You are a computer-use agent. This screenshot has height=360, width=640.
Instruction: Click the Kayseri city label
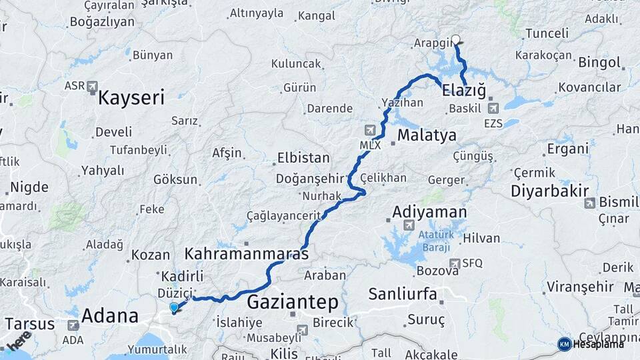coord(131,99)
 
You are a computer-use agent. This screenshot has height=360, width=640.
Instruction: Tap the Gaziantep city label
coord(293,303)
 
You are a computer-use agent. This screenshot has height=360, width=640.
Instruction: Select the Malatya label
coord(427,136)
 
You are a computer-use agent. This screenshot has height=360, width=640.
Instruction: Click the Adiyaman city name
coord(429,213)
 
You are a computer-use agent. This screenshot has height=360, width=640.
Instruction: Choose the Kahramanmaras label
coord(246,254)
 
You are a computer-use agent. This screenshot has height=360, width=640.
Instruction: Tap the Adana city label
coord(109,315)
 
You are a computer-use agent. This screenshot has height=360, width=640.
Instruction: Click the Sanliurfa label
coord(402,294)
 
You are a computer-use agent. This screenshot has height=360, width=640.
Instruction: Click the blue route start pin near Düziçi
coord(174,307)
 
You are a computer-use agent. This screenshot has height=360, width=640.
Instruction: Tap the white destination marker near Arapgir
coord(456,39)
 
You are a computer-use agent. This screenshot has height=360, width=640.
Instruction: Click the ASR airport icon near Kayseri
coord(92,86)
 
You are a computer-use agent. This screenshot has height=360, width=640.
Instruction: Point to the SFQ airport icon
coord(455,263)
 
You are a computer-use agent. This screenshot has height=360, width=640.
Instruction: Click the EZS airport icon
coord(493,108)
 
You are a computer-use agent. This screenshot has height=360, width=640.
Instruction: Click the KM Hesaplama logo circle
coord(564,344)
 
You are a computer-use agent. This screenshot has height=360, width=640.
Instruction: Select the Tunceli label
coord(547,33)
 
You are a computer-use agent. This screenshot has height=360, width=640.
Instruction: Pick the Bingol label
coord(599,63)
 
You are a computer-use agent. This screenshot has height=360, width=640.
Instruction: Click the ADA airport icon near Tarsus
coord(73,325)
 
